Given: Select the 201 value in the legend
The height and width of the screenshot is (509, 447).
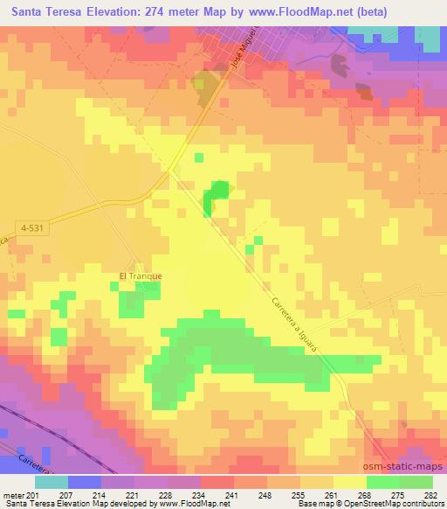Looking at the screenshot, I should coord(34,494).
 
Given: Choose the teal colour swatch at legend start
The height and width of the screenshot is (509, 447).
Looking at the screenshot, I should coord(52,482).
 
